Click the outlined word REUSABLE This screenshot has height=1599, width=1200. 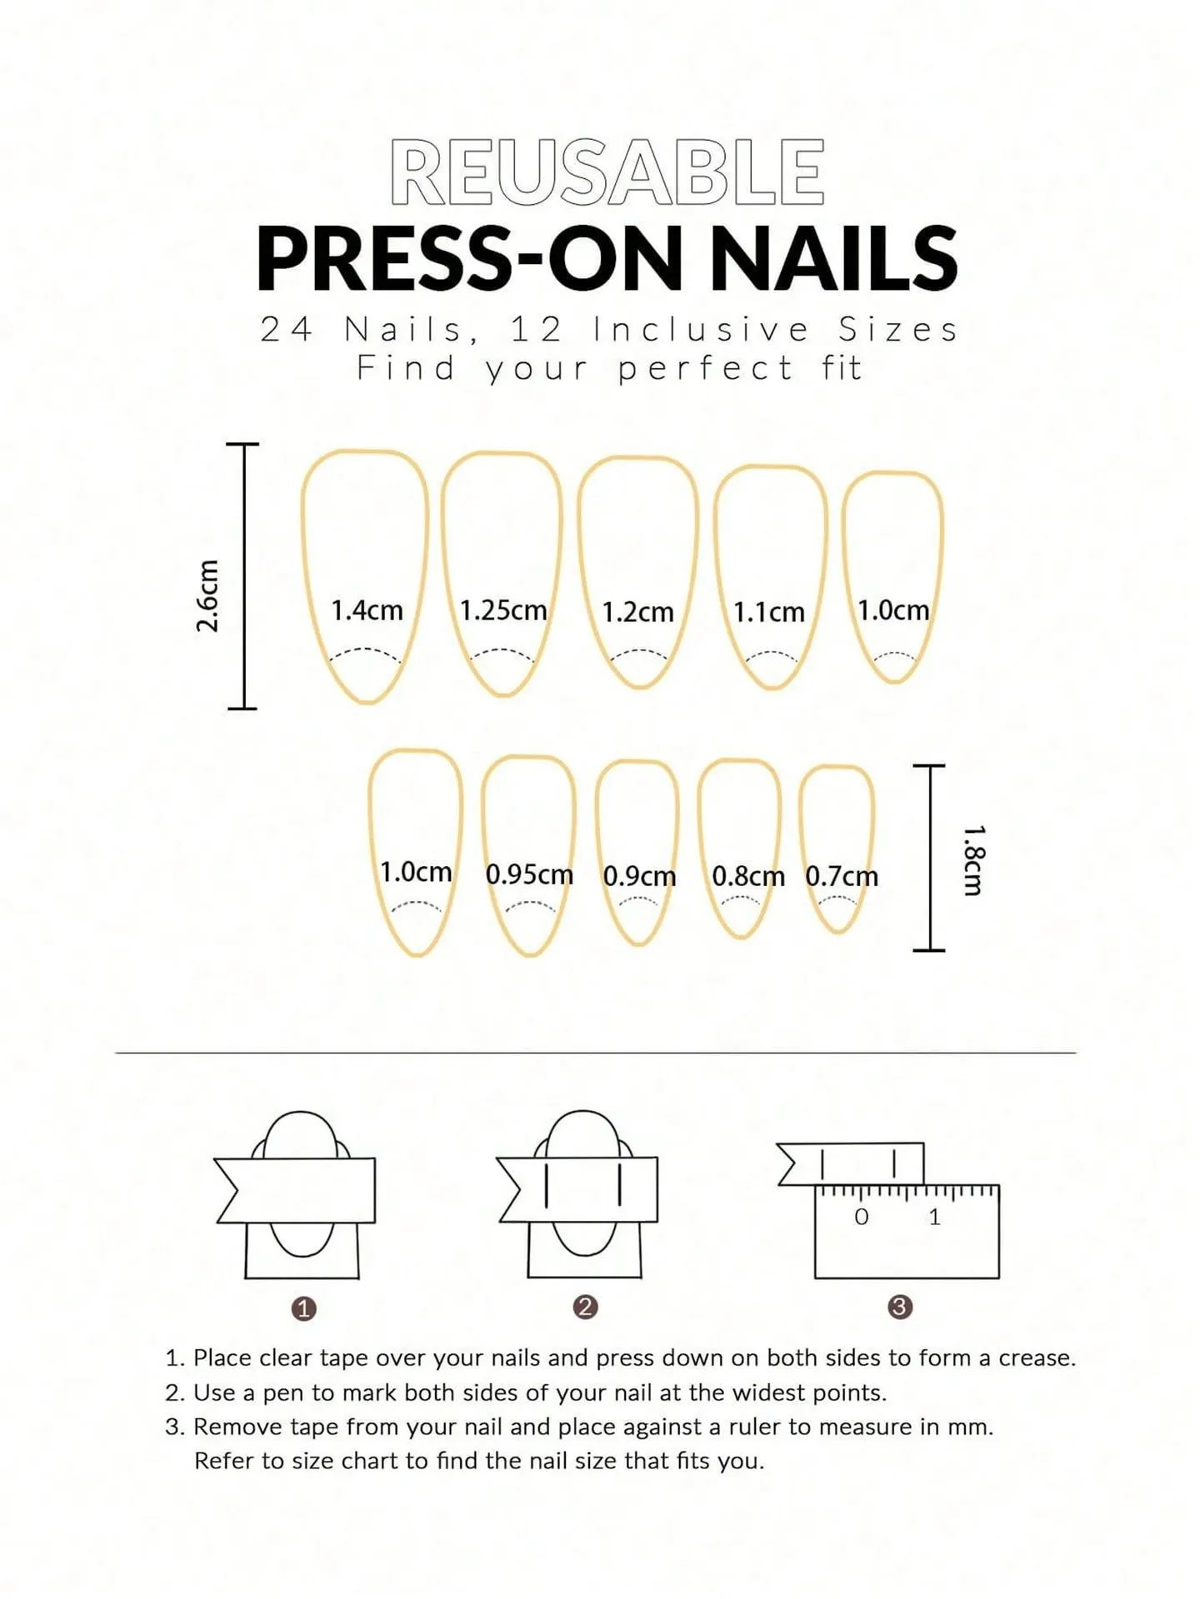click(607, 172)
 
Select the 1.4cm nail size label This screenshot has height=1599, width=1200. click(367, 610)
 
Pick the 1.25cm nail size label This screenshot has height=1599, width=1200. click(503, 610)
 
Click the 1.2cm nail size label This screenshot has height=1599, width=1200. click(637, 613)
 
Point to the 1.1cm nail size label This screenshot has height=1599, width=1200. click(768, 613)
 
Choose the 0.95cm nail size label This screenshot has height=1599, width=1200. click(529, 874)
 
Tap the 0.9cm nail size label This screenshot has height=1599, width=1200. click(639, 876)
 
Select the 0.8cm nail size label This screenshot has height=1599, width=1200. click(747, 876)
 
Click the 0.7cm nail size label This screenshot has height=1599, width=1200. click(841, 876)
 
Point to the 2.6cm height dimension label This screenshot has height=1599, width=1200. click(207, 595)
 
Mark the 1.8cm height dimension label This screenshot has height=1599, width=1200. click(974, 860)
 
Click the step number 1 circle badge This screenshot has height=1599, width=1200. click(303, 1309)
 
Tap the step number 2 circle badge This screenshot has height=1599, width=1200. click(585, 1307)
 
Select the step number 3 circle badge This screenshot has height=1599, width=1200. click(899, 1307)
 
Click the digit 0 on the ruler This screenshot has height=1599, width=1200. click(861, 1218)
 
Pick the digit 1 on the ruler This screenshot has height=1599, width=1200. click(934, 1218)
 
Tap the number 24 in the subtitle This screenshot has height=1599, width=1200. click(286, 330)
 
